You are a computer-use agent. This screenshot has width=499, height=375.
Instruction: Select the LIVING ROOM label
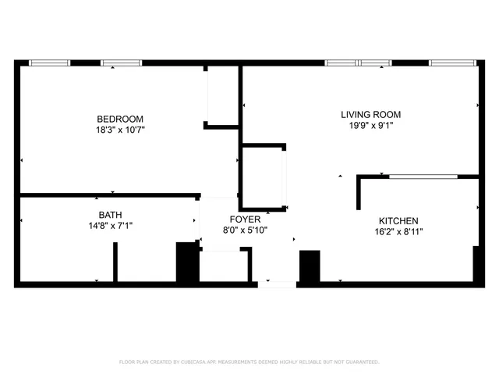tap(370, 115)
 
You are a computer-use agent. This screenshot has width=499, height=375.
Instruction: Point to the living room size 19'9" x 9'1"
tap(370, 126)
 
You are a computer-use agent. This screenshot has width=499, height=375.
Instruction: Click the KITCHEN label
tap(398, 221)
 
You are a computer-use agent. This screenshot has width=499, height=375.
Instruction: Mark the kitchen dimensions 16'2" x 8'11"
tap(398, 232)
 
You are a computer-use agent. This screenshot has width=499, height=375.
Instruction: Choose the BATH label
tap(110, 215)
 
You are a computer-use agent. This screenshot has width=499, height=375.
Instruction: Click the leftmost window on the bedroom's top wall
tap(49, 62)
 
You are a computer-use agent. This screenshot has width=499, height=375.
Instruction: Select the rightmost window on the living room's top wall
tap(453, 62)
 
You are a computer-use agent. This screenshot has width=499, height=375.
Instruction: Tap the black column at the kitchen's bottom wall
tap(310, 266)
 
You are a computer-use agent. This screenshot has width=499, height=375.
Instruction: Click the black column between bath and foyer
tap(187, 263)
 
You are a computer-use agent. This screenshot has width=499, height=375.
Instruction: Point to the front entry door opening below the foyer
tap(276, 283)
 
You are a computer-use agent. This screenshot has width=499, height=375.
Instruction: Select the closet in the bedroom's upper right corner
tap(222, 95)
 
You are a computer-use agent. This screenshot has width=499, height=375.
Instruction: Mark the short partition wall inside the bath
tap(115, 262)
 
